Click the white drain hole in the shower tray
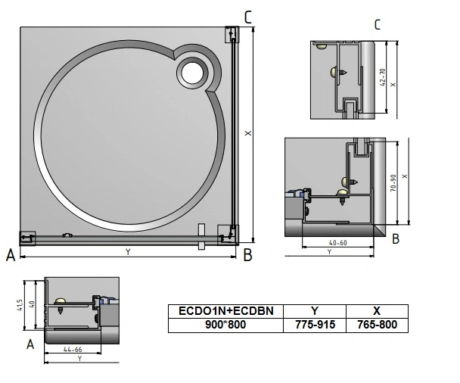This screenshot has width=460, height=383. point(192,73)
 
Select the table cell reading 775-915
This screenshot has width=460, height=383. point(315,325)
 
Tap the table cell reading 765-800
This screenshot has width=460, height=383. point(377,325)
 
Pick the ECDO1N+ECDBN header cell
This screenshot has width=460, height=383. point(226,311)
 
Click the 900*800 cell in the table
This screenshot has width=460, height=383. point(226,325)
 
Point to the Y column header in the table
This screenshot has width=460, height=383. point(315,311)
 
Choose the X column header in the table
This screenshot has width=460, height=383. point(377,311)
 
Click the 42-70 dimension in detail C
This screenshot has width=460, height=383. point(383,77)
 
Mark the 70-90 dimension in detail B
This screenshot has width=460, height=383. point(393,183)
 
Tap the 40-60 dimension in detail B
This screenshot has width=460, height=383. point(338,243)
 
